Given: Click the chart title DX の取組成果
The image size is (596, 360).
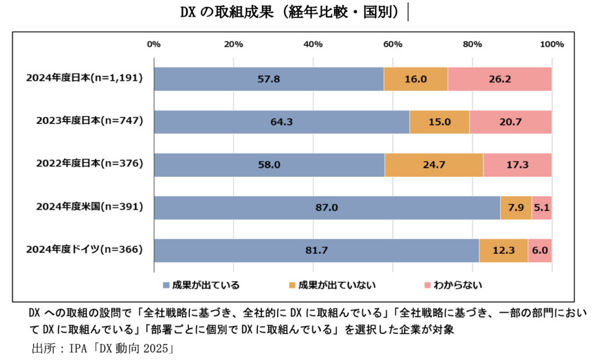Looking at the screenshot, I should point(291,12).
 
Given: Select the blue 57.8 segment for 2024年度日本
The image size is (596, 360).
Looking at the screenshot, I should point(268,79).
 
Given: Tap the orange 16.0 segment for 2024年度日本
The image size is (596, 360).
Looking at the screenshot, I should point(416,79).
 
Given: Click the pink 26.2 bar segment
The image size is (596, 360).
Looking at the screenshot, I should point(499,79).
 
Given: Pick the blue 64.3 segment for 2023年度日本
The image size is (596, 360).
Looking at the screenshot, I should point(281,122).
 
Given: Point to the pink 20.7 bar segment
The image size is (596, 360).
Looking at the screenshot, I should point(510,122).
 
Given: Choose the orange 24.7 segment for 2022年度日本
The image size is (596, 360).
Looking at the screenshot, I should point(434,165).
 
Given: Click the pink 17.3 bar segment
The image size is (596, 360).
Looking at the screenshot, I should point(517,165).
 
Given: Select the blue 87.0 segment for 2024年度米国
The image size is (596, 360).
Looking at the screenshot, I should point(327,208).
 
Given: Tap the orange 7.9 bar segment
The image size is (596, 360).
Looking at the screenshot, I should point(516,208).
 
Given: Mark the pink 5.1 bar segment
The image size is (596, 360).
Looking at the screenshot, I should point(541,208).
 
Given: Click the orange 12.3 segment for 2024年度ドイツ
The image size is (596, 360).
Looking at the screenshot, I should point(503,251).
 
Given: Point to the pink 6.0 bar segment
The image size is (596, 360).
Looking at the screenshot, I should point(540,251).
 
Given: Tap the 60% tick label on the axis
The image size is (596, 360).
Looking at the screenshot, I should point(393,44).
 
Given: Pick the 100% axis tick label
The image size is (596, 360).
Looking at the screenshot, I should point(551,44).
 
